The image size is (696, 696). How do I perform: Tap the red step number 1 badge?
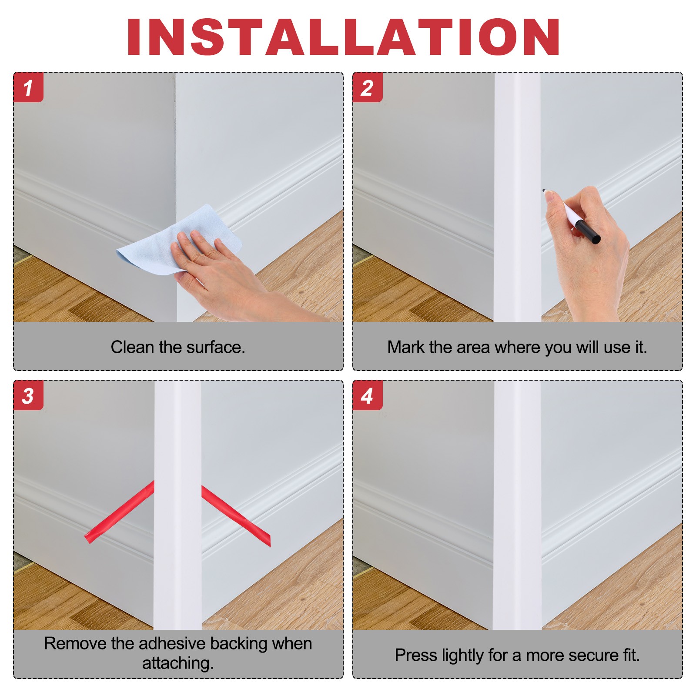28,87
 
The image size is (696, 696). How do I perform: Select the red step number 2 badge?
368,87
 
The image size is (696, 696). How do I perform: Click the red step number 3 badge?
28,395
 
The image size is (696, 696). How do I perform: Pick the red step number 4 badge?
368,395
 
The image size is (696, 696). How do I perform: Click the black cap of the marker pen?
588,232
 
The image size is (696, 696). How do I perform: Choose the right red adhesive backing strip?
236,516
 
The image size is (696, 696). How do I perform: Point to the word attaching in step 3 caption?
178,663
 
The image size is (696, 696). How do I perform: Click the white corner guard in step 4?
517,505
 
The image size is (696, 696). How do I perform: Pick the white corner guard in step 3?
177,505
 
